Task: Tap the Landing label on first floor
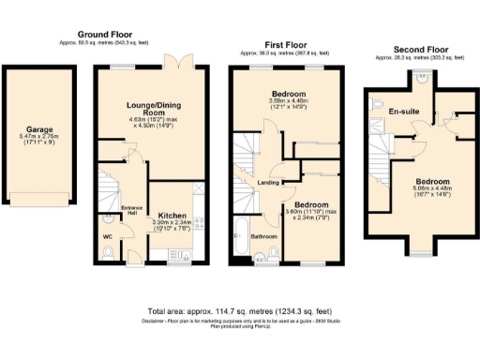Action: [x=268, y=184]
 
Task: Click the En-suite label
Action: [x=404, y=111]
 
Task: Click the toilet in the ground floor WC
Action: [x=107, y=223]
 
